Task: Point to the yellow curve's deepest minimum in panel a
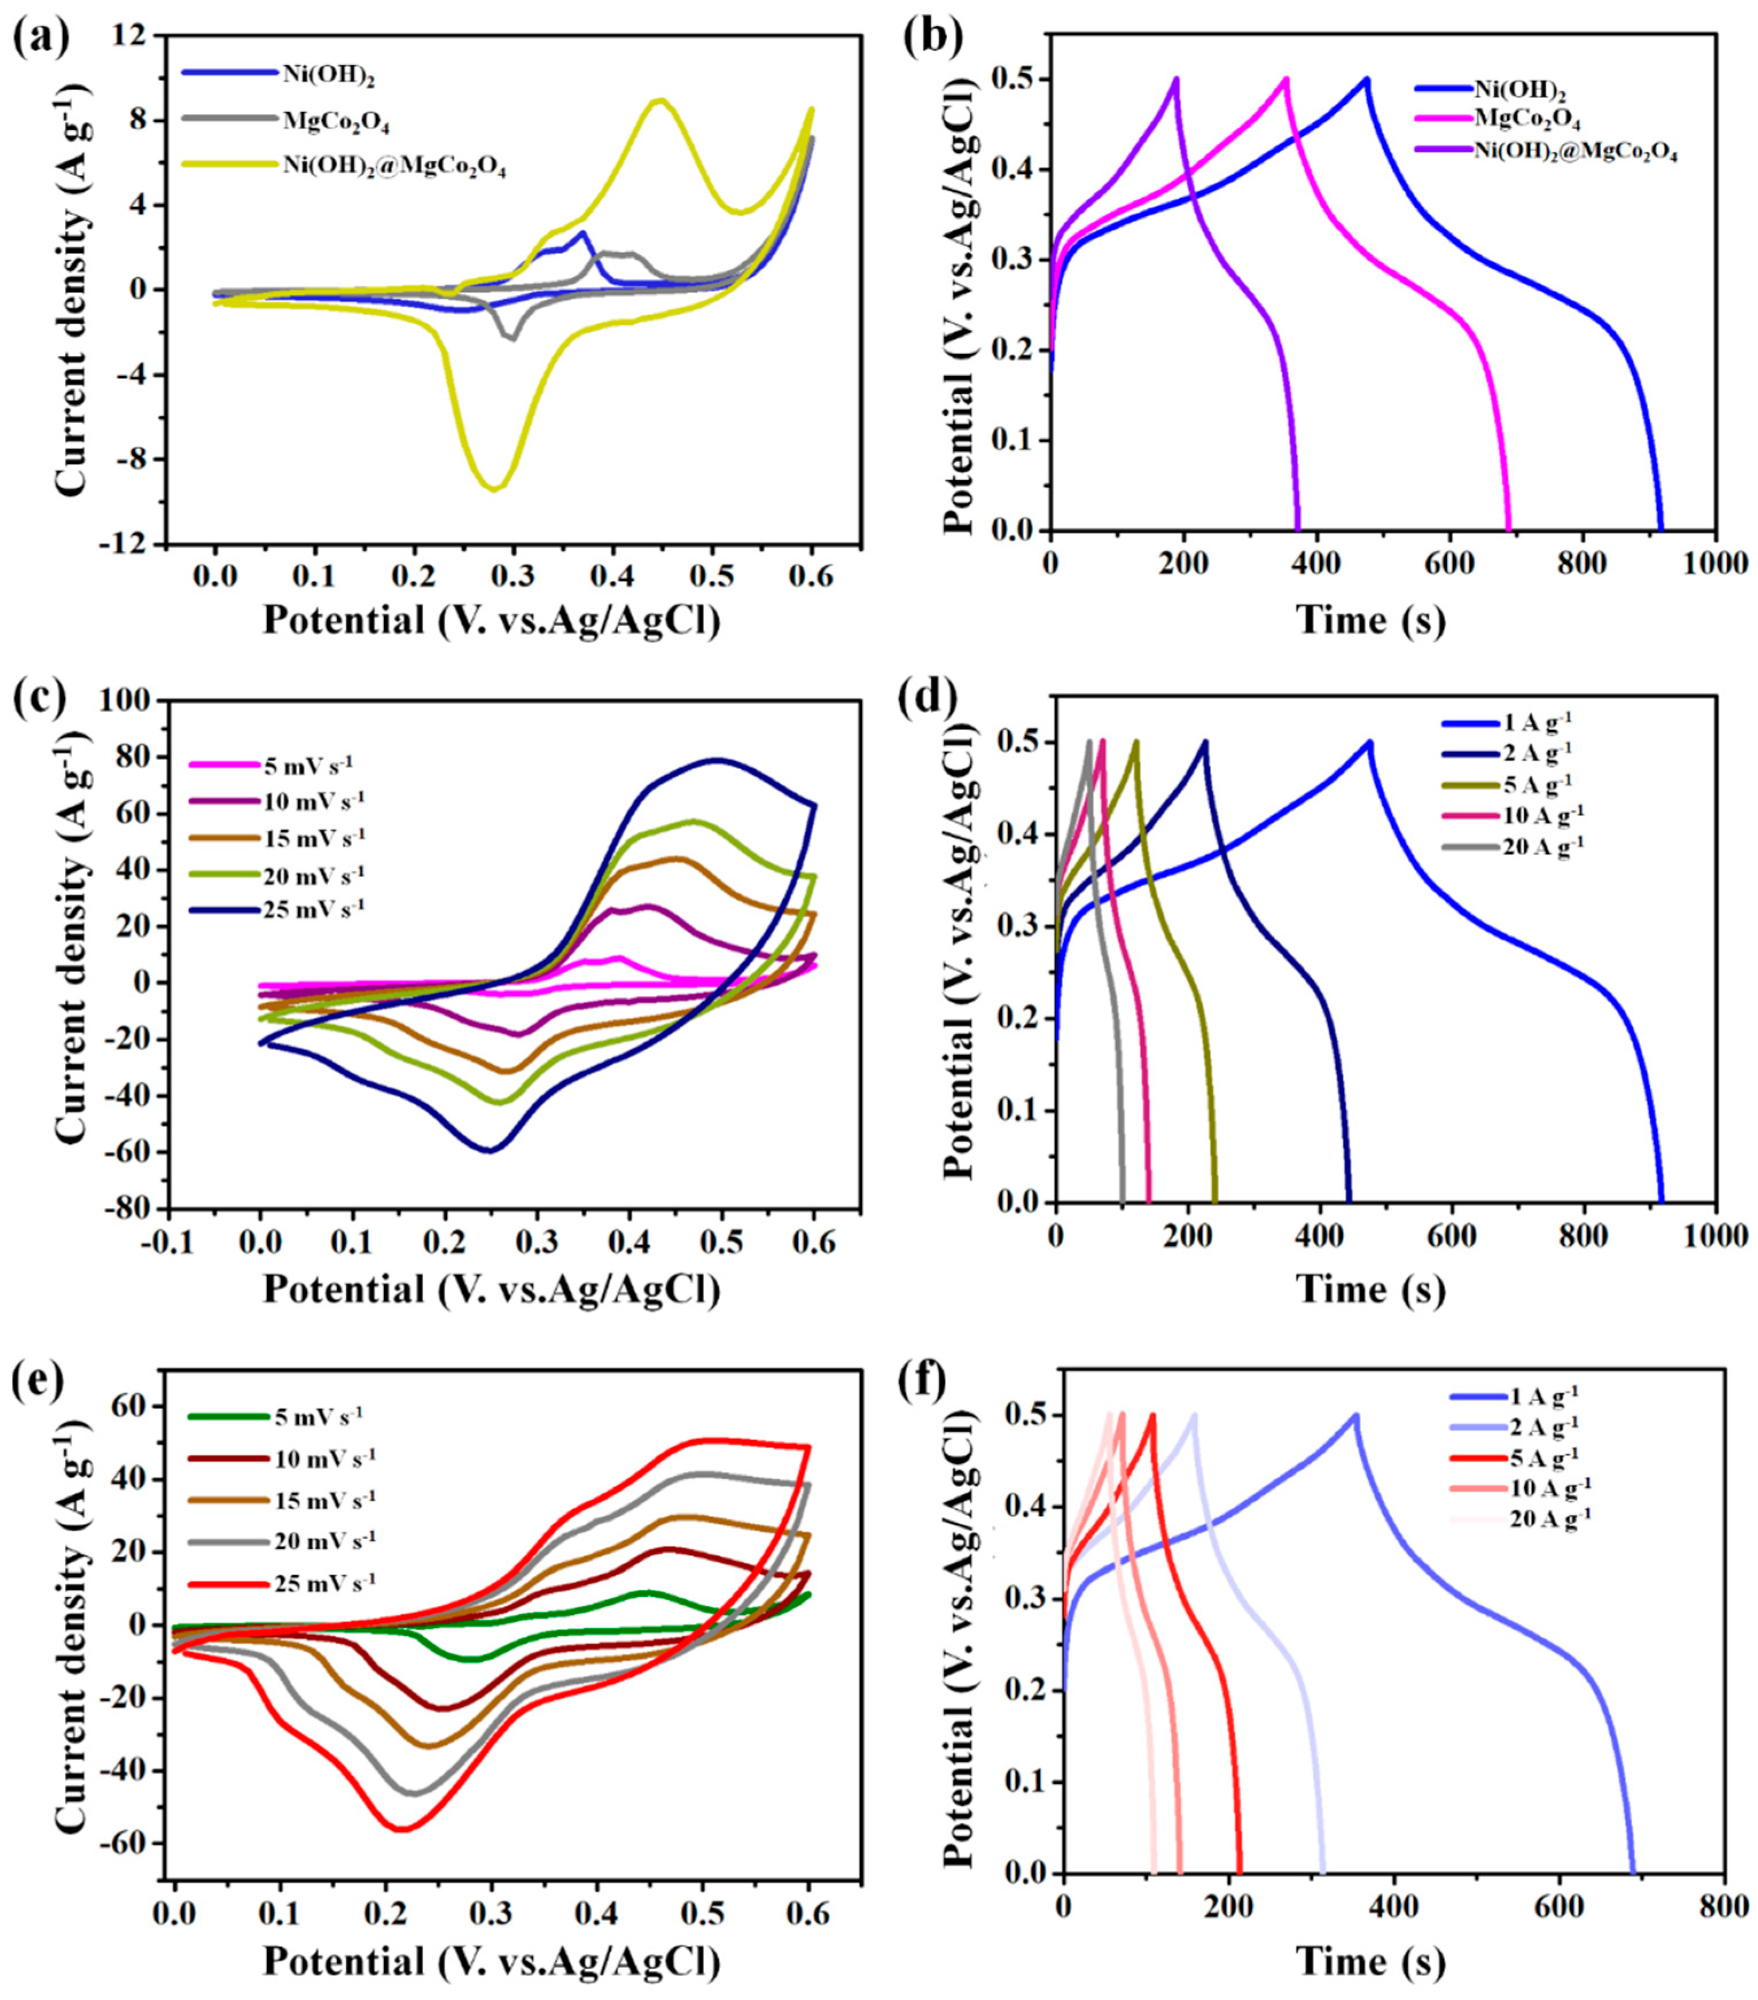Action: coord(495,488)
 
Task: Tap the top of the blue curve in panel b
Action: coord(1366,79)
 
